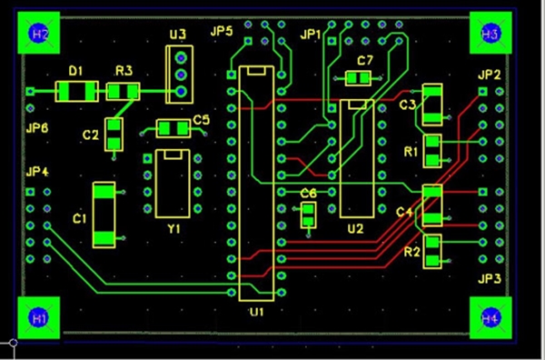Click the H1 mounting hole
[38, 318]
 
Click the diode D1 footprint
[77, 91]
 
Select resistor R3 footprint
[123, 91]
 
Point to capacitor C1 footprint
[105, 215]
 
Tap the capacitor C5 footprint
[173, 127]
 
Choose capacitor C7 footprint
[360, 79]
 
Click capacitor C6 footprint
[308, 215]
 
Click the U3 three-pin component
[181, 73]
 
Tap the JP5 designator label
[222, 32]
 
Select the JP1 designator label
[311, 34]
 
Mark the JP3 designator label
[490, 279]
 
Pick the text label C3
[407, 105]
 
